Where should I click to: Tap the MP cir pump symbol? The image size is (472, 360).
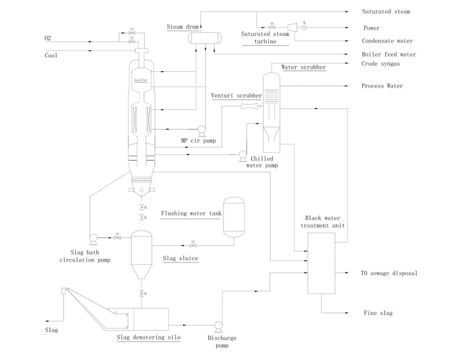(x=201, y=130)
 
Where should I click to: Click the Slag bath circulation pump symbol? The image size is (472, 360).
(x=93, y=237)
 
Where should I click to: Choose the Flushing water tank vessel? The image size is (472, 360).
(x=234, y=217)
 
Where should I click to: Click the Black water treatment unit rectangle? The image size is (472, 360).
(x=321, y=263)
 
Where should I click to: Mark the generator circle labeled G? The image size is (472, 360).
(x=304, y=28)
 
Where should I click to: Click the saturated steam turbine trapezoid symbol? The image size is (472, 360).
(x=292, y=28)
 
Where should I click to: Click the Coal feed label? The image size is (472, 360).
(x=51, y=55)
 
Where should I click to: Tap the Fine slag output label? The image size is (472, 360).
(x=378, y=313)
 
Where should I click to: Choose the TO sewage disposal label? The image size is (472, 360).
(x=389, y=273)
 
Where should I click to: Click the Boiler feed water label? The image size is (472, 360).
(x=389, y=54)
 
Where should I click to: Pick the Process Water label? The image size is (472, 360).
(x=382, y=86)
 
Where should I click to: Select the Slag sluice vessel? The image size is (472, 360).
(x=142, y=254)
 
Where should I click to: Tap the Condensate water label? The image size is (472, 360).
(x=387, y=41)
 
